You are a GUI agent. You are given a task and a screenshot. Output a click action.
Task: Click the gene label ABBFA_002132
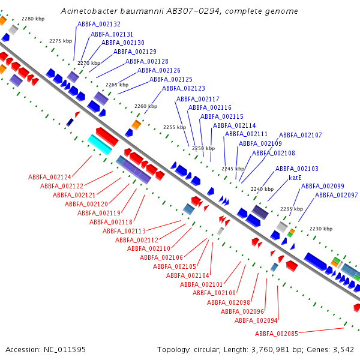pyautogui.click(x=99, y=24)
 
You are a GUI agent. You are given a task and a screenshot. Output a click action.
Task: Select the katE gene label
pyautogui.click(x=295, y=178)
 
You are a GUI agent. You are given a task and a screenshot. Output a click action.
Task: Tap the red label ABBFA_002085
pyautogui.click(x=277, y=334)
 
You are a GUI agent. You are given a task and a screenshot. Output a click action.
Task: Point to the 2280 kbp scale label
pyautogui.click(x=33, y=19)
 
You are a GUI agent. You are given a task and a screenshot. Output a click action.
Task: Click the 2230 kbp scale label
pyautogui.click(x=321, y=229)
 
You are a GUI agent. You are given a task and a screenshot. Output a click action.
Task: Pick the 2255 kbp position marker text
pyautogui.click(x=175, y=127)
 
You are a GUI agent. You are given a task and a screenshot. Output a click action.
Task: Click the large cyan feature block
pyautogui.click(x=100, y=145)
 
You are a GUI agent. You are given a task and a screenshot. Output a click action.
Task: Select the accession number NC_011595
pyautogui.click(x=65, y=350)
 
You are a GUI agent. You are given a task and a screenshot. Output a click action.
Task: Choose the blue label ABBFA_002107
pyautogui.click(x=301, y=135)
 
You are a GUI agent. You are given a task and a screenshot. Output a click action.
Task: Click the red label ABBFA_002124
pyautogui.click(x=50, y=177)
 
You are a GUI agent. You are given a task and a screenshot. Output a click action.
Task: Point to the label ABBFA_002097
pyautogui.click(x=337, y=195)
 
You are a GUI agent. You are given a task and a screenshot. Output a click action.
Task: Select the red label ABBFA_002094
pyautogui.click(x=256, y=320)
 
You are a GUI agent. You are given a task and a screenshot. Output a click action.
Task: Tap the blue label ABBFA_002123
pyautogui.click(x=184, y=88)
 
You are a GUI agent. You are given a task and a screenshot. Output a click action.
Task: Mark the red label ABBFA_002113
pyautogui.click(x=124, y=231)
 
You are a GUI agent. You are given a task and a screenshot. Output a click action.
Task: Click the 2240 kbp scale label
pyautogui.click(x=262, y=189)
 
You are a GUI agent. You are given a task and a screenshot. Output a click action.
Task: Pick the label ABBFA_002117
pyautogui.click(x=197, y=99)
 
